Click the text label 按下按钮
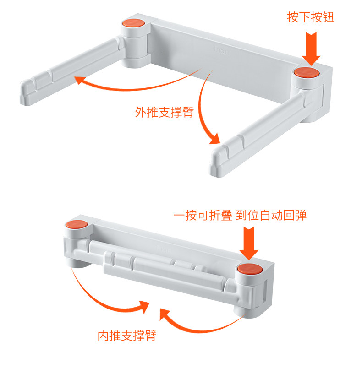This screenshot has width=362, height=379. [x=311, y=17]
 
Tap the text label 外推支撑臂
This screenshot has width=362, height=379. [x=165, y=112]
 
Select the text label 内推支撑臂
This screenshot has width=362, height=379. [x=127, y=336]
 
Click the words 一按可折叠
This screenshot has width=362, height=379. [x=203, y=215]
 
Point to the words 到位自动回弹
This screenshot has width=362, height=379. [x=271, y=215]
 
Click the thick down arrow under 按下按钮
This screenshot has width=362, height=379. [x=311, y=49]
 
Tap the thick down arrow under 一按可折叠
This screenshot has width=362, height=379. [x=249, y=244]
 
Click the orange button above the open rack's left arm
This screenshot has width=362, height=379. [x=133, y=23]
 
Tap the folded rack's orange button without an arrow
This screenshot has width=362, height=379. [x=77, y=224]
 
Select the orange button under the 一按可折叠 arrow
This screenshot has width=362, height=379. [x=249, y=269]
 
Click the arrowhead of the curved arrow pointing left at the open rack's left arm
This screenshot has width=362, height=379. [x=79, y=80]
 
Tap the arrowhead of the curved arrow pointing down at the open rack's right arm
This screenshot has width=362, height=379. [x=214, y=140]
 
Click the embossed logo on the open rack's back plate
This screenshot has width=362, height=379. [x=221, y=50]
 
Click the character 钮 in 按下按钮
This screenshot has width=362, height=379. [x=329, y=17]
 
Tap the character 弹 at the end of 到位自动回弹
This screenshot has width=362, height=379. [x=301, y=215]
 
